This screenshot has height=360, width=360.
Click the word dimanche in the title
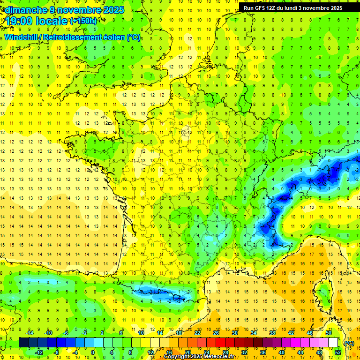[x=23, y=10]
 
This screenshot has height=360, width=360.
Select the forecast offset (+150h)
[x=83, y=21]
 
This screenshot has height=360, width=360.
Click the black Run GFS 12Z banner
[x=293, y=8]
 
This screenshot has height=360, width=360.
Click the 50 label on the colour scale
[x=329, y=332]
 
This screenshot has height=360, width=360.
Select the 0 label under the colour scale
[x=93, y=352]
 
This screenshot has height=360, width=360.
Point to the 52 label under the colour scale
[x=338, y=352]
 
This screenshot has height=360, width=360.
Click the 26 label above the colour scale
[x=216, y=332]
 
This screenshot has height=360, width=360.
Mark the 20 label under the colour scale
[x=187, y=352]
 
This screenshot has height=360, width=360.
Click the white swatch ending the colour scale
[x=333, y=343]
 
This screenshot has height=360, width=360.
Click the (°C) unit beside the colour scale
[x=349, y=343]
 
